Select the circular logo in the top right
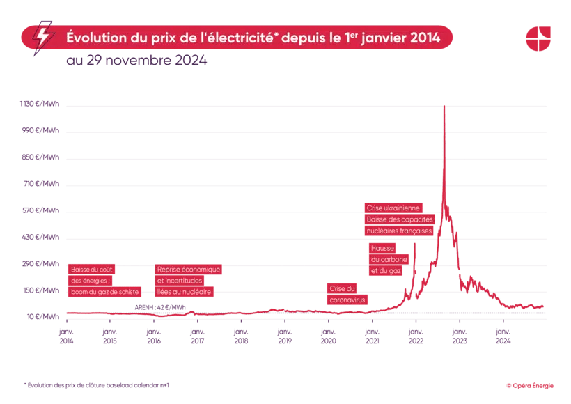point(538,38)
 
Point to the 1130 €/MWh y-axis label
point(39,105)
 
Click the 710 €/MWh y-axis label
point(40,185)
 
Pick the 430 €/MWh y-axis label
point(40,238)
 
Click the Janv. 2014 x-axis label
point(66,336)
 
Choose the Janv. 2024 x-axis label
point(503,336)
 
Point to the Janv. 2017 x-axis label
point(197,336)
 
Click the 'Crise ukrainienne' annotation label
point(393,208)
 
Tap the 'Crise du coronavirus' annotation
point(347,294)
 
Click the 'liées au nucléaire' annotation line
point(185,292)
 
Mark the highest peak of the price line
point(444,106)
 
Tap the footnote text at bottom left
point(96,384)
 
